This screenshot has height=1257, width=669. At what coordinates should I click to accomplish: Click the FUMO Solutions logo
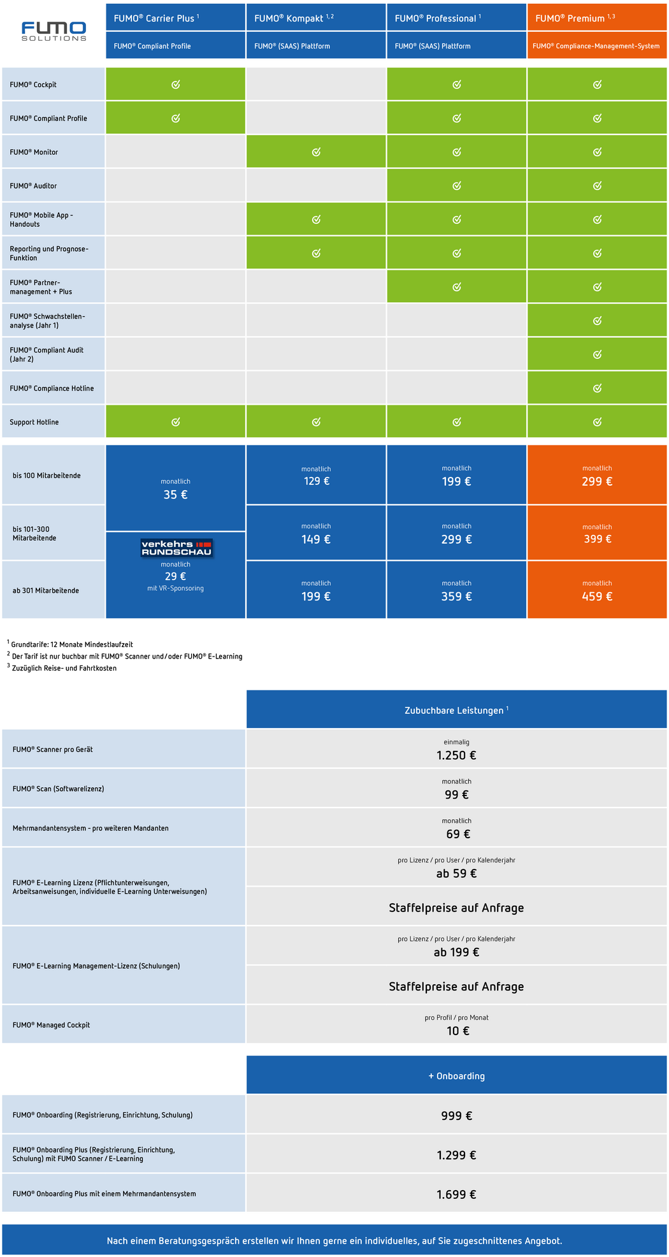(54, 31)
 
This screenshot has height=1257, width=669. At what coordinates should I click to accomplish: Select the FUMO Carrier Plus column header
(175, 18)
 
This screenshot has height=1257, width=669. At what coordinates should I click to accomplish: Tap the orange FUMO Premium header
(596, 18)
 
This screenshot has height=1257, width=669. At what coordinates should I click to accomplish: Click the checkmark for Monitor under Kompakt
(316, 152)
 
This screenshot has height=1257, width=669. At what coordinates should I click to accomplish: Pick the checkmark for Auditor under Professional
(457, 185)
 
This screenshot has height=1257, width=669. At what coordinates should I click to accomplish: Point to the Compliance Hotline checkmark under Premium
(597, 388)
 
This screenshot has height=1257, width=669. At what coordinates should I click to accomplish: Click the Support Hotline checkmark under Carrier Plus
(176, 422)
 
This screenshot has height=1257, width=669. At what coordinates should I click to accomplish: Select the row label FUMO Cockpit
(33, 85)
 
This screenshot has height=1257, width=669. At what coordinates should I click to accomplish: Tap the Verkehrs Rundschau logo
(176, 548)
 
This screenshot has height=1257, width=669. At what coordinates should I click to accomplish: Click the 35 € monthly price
(175, 495)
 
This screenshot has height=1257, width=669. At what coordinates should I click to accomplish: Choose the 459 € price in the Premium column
(597, 597)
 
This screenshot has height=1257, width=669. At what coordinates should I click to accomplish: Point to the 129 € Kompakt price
(316, 481)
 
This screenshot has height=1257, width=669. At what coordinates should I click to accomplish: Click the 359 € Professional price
(457, 597)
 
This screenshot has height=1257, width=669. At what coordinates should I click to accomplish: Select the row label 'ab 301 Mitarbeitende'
(46, 591)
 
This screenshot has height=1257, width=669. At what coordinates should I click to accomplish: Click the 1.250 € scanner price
(456, 755)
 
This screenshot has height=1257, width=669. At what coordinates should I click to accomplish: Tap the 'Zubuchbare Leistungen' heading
(456, 710)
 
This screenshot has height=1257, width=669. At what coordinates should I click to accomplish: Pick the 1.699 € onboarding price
(456, 1195)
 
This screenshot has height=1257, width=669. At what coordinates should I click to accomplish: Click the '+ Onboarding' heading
(456, 1076)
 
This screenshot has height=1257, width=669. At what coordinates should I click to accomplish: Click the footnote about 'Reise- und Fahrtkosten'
(64, 668)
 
